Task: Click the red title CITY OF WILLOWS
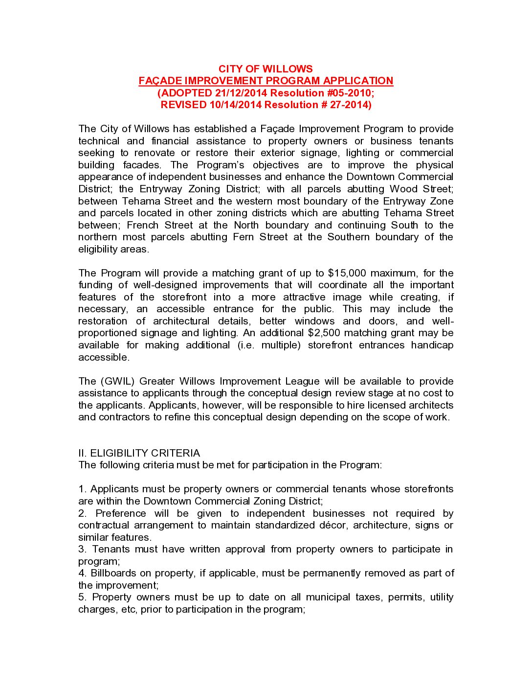click(x=266, y=69)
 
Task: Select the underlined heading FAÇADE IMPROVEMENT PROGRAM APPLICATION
click(x=266, y=81)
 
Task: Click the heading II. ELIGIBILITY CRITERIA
click(x=139, y=453)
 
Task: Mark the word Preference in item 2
click(x=121, y=513)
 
